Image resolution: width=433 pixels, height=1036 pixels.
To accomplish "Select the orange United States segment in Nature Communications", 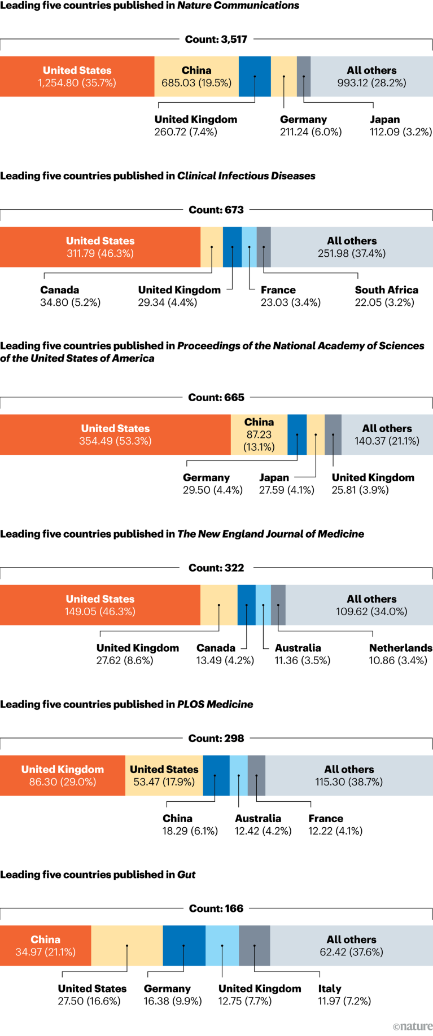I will (77, 77).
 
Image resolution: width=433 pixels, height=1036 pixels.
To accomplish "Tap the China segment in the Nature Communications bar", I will (196, 77).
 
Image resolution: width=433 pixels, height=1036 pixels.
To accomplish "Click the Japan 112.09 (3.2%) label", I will (401, 126).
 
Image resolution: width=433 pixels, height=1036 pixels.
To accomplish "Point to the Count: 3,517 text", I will (216, 39).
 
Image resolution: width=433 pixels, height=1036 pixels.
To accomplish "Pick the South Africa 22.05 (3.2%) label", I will (386, 296).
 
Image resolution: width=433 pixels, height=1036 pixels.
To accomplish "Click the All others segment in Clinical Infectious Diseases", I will (352, 247).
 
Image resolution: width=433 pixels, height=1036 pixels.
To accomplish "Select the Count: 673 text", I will (216, 210).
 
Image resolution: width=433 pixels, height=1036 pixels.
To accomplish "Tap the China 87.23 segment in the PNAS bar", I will (259, 434).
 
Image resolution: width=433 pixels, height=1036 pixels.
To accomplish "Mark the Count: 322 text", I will (216, 568).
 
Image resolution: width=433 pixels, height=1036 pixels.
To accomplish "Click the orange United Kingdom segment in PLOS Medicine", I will (63, 775).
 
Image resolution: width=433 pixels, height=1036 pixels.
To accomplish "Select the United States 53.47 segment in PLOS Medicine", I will (164, 775).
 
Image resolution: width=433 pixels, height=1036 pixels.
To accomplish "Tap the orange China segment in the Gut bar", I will (45, 946).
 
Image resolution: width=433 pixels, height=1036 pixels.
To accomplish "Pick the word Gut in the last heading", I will (186, 875).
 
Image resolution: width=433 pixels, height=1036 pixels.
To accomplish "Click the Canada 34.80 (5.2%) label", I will (70, 296).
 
